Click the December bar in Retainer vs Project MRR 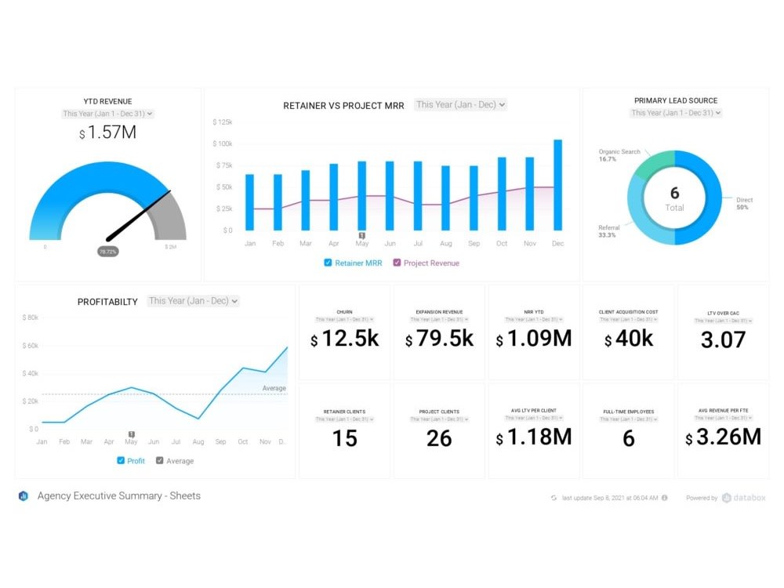[x=557, y=185]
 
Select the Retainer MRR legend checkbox [x=328, y=263]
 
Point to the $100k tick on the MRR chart [x=222, y=144]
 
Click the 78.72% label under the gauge [x=108, y=252]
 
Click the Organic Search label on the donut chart [x=619, y=152]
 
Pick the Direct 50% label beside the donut [x=744, y=203]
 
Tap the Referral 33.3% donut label [x=609, y=231]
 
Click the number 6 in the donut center [x=674, y=193]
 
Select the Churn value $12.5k [x=345, y=339]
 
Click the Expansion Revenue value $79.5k [x=440, y=339]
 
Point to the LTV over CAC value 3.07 [x=723, y=339]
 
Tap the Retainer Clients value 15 [x=345, y=438]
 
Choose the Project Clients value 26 [x=440, y=438]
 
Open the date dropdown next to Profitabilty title [x=193, y=301]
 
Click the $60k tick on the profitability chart [x=30, y=346]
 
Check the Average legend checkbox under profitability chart [x=160, y=461]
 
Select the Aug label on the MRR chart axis [x=445, y=244]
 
